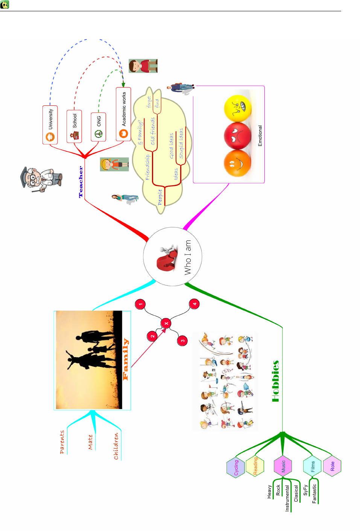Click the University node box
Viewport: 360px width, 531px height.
(50, 125)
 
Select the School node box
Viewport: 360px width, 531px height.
(74, 126)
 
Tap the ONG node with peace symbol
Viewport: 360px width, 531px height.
(98, 127)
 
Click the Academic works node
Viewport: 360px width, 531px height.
(123, 114)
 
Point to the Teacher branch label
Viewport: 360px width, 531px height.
(81, 182)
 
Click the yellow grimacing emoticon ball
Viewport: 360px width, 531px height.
(237, 108)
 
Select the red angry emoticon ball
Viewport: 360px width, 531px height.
(237, 136)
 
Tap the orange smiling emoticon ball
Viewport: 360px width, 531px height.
(237, 163)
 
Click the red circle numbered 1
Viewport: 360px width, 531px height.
(140, 304)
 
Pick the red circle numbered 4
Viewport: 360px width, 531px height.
(194, 304)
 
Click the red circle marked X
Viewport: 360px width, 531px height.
(166, 323)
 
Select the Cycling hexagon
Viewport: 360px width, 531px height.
(236, 467)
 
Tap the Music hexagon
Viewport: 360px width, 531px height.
(283, 466)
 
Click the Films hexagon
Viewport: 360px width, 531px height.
(313, 467)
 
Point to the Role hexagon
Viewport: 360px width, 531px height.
(332, 467)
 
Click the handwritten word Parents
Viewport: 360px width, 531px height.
(62, 442)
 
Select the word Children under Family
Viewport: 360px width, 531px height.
(116, 446)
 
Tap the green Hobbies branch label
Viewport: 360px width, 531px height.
(276, 381)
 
